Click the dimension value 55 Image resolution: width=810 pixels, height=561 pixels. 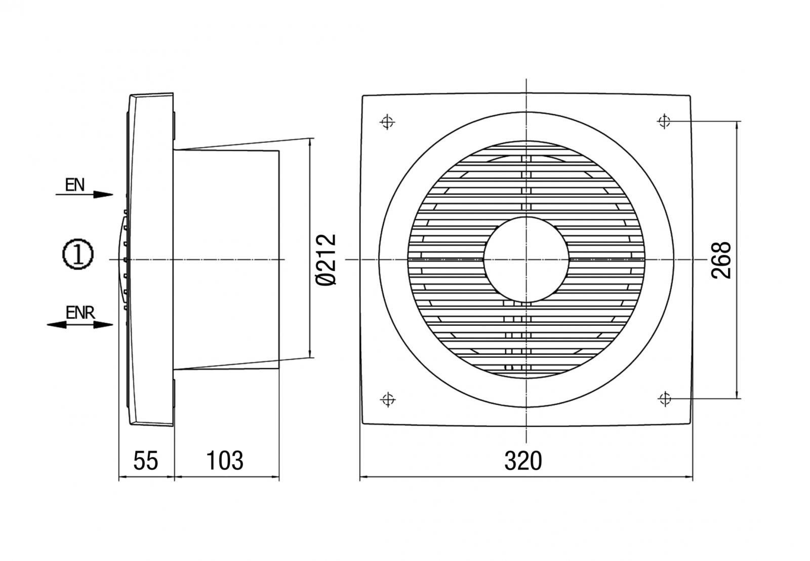coord(146,460)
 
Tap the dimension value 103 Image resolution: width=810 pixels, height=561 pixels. coord(225,460)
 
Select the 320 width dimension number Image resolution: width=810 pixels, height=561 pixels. coord(523,460)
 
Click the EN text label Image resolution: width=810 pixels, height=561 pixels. coord(75,184)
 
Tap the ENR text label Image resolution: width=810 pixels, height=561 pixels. coord(80,312)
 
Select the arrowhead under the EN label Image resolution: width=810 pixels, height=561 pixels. coord(103,194)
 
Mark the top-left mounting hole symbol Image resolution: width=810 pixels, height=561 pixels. coord(387,122)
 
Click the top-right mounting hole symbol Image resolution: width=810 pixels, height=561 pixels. coord(664,122)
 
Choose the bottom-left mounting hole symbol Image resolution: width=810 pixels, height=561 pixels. coord(387,399)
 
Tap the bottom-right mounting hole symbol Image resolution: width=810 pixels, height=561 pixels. coord(664,399)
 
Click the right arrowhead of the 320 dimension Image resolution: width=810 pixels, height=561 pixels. coord(688,476)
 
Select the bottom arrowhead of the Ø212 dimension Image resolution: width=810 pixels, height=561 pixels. coord(309,354)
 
